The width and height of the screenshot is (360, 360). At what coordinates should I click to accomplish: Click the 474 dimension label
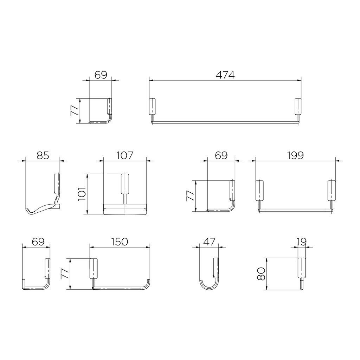[225, 75]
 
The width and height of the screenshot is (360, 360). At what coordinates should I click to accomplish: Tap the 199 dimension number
[295, 155]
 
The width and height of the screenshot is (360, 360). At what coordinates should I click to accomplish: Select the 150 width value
[120, 242]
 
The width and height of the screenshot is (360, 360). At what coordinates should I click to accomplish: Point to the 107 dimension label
[125, 155]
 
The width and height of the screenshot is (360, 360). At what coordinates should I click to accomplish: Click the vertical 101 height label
[82, 194]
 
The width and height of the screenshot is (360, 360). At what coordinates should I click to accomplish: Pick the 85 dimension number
[43, 155]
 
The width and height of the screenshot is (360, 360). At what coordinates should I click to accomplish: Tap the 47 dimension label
[210, 242]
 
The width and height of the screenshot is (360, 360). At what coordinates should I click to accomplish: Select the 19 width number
[302, 242]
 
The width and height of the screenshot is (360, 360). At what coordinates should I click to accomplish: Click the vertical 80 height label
[261, 274]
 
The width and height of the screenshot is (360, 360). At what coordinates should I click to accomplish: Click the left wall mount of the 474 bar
[152, 107]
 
